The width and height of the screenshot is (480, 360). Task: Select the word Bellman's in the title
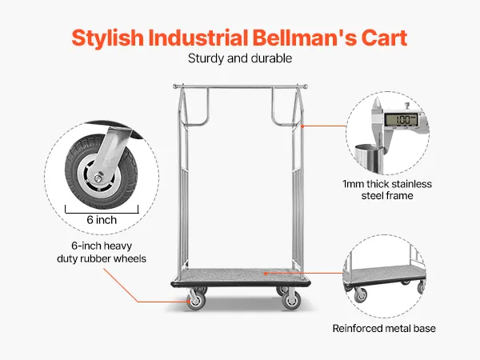pyautogui.click(x=312, y=37)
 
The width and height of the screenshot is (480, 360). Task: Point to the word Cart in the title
pyautogui.click(x=384, y=37)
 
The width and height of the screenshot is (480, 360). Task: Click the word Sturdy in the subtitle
pyautogui.click(x=206, y=58)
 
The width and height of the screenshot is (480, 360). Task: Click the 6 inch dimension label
pyautogui.click(x=102, y=220)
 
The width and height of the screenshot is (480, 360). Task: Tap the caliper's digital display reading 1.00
pyautogui.click(x=401, y=121)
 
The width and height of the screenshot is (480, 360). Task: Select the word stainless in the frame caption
pyautogui.click(x=413, y=184)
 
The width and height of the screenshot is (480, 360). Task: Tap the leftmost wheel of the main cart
pyautogui.click(x=195, y=301)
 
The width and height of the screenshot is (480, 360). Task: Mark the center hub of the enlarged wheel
pyautogui.click(x=96, y=175)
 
